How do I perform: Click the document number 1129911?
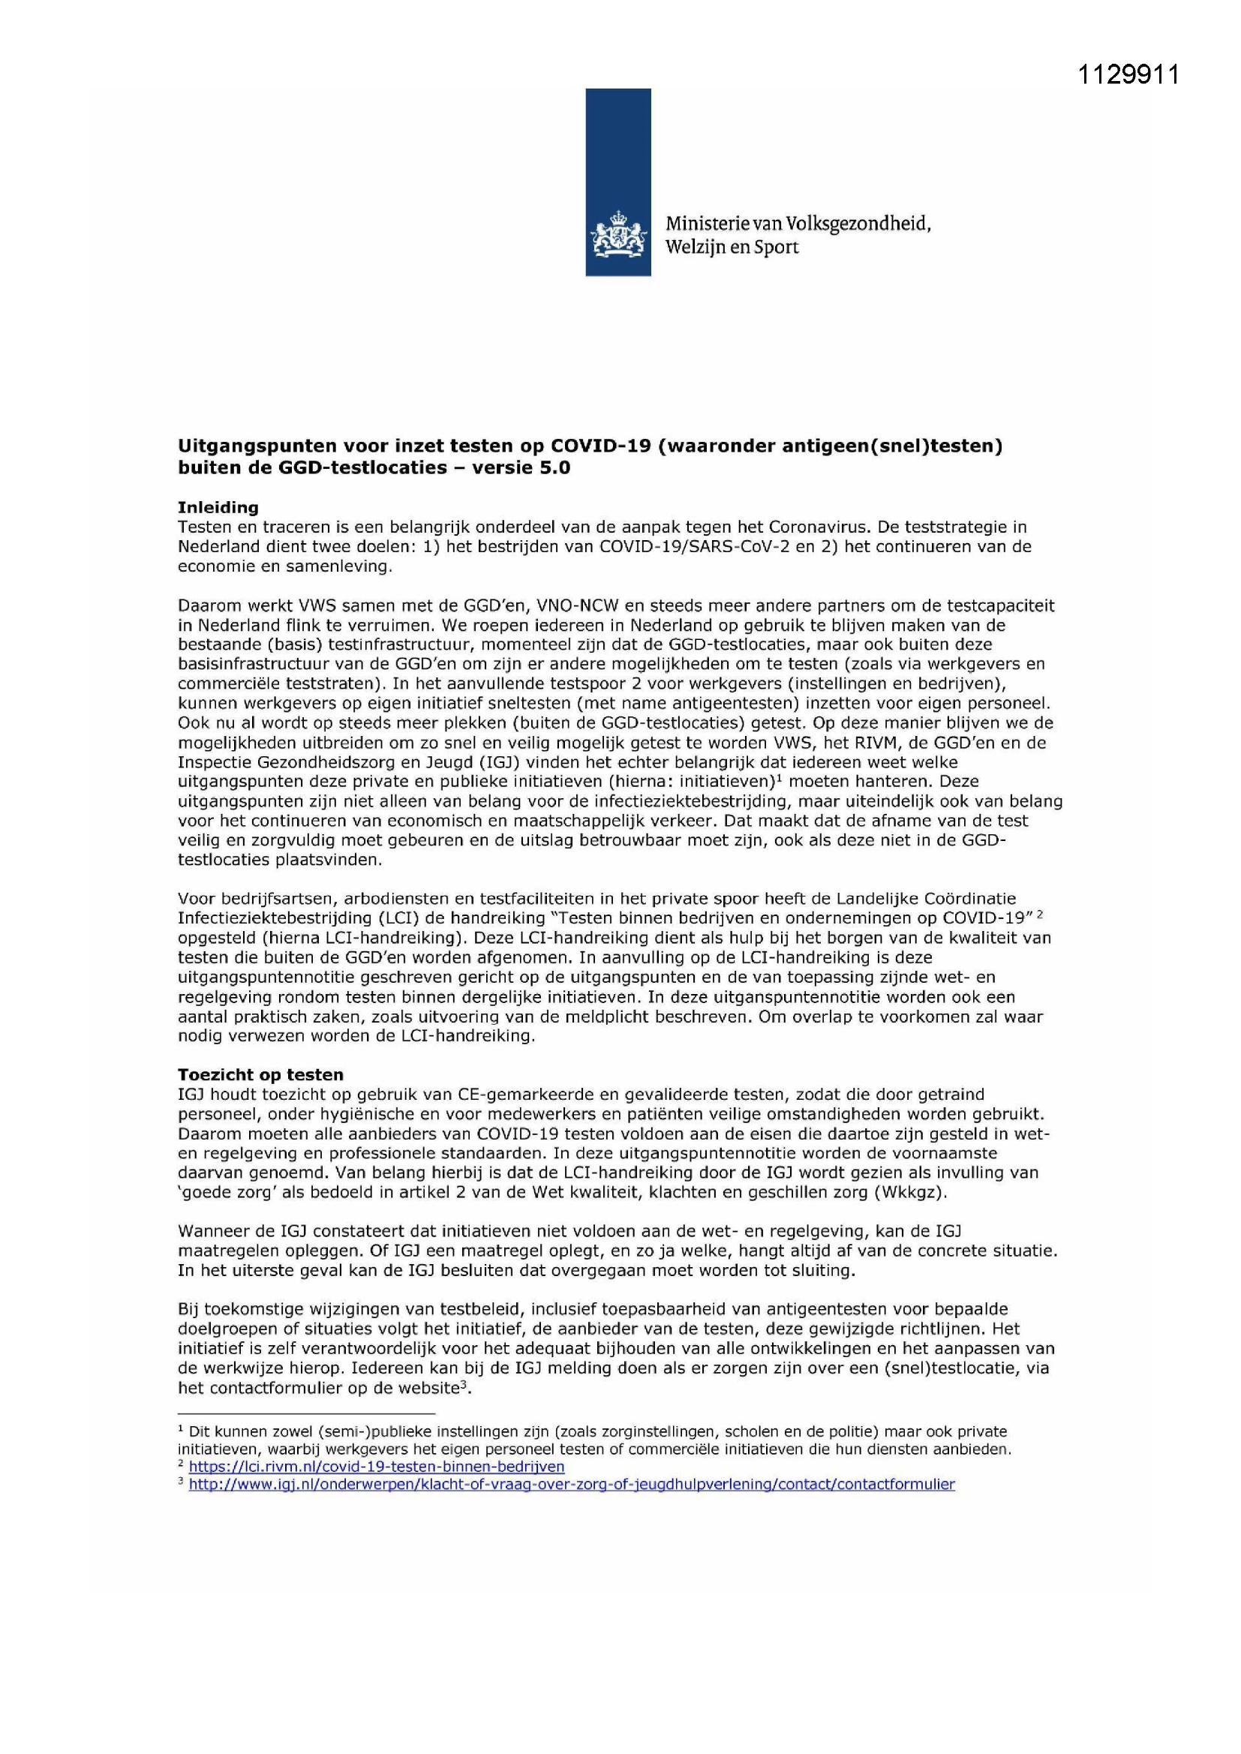pyautogui.click(x=1128, y=74)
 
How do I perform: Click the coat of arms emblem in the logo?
pyautogui.click(x=618, y=236)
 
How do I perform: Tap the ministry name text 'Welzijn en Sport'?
pyautogui.click(x=732, y=248)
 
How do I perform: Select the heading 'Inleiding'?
pyautogui.click(x=218, y=507)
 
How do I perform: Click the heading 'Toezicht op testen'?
pyautogui.click(x=260, y=1075)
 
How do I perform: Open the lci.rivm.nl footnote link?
pyautogui.click(x=376, y=1466)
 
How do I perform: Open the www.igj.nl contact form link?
pyautogui.click(x=572, y=1484)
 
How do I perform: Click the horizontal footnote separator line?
pyautogui.click(x=305, y=1413)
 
